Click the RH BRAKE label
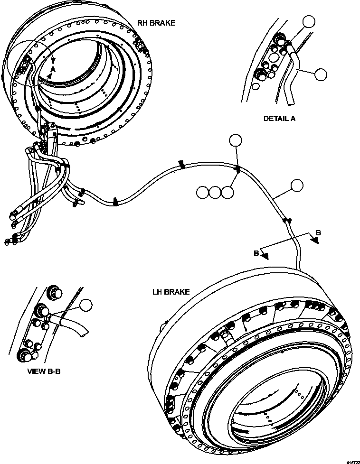click(x=156, y=22)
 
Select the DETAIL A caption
click(x=279, y=119)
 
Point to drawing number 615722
click(x=352, y=461)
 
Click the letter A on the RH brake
click(x=53, y=69)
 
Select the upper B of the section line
click(x=319, y=233)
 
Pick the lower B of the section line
click(x=256, y=253)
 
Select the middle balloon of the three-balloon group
click(x=216, y=192)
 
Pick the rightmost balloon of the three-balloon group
click(x=228, y=192)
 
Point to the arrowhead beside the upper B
click(x=315, y=241)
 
